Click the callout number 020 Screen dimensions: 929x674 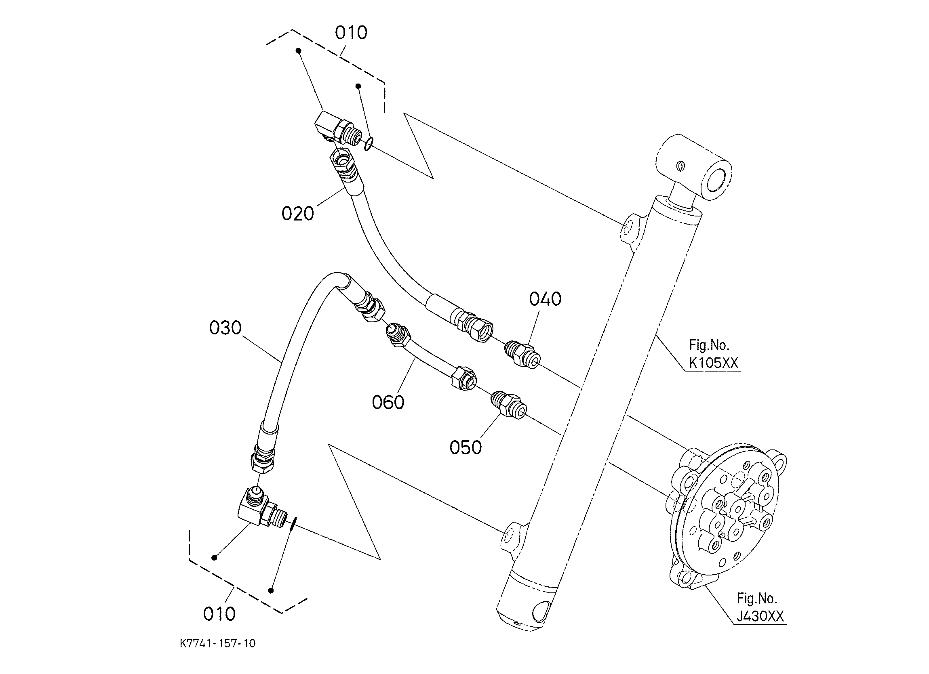click(298, 214)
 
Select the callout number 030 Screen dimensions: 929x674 click(225, 328)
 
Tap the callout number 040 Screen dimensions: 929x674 click(545, 299)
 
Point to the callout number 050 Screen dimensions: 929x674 click(466, 447)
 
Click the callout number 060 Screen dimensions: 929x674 click(388, 402)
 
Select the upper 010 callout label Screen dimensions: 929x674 click(351, 33)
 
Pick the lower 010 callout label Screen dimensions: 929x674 click(219, 614)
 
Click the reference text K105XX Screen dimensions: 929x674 click(713, 363)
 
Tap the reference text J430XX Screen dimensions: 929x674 click(760, 617)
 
